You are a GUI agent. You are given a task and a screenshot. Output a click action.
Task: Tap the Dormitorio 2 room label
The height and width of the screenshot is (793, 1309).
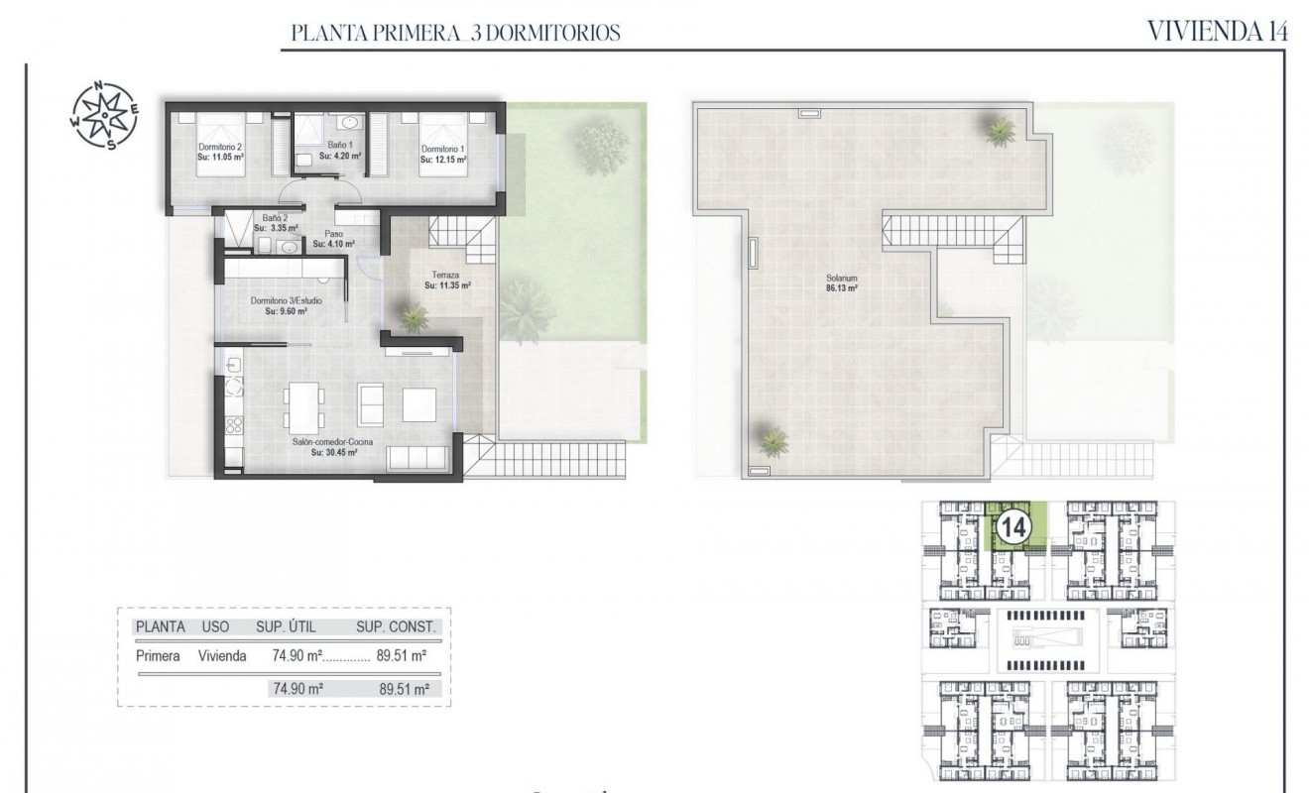(220, 152)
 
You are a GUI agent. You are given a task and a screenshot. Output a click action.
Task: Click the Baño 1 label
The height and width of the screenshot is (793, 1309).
(343, 150)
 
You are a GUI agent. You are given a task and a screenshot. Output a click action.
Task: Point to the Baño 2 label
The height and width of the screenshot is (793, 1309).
(275, 222)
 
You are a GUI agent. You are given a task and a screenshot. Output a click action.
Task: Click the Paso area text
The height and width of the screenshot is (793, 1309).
(333, 239)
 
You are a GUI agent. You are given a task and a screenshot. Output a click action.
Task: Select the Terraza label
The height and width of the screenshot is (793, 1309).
(446, 281)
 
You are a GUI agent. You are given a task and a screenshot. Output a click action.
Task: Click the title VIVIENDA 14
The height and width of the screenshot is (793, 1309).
(1217, 31)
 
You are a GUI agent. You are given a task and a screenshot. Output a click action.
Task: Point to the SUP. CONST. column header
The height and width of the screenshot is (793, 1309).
(395, 627)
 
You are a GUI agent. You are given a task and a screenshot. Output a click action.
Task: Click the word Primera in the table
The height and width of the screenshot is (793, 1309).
(157, 655)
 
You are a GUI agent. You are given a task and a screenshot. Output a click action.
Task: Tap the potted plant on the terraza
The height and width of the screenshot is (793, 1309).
(412, 316)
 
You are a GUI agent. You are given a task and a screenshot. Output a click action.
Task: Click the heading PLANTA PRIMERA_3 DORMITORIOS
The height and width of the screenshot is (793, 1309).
(455, 34)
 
